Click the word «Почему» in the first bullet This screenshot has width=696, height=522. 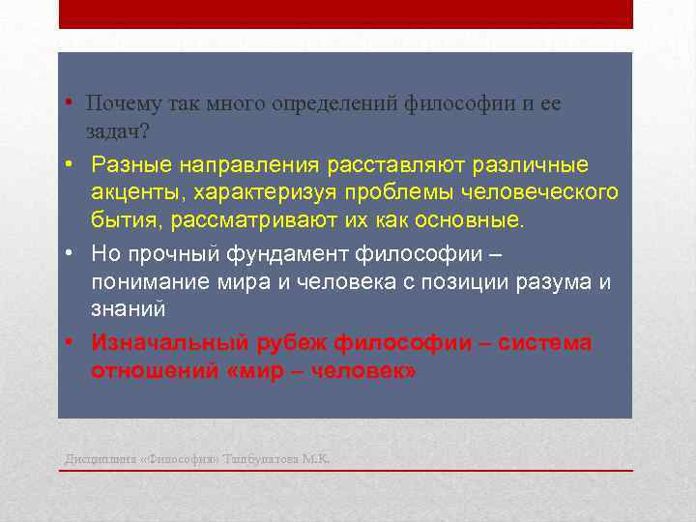[x=124, y=103]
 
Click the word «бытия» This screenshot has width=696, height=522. [x=127, y=219]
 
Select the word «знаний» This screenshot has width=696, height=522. [x=129, y=309]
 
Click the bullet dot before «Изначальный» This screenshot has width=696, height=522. [x=71, y=343]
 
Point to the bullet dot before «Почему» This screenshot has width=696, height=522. [x=71, y=103]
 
